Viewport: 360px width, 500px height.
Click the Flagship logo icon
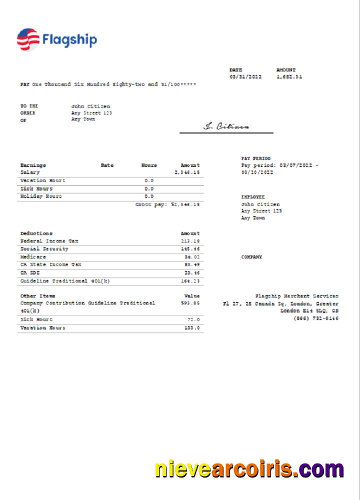(x=28, y=39)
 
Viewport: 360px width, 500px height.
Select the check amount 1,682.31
(x=289, y=77)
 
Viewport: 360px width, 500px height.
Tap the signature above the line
(x=226, y=126)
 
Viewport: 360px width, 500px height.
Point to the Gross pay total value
(x=185, y=204)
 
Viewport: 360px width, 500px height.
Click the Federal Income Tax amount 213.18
(x=190, y=241)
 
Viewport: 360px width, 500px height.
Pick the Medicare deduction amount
(x=191, y=257)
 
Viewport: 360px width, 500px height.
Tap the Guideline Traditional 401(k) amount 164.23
(x=190, y=281)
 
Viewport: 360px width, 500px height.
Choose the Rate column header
(x=107, y=165)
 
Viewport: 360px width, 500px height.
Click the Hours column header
(x=148, y=165)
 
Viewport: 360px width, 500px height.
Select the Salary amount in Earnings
(x=187, y=172)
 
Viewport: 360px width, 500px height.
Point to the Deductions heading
(x=36, y=233)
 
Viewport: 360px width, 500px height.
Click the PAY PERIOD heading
(x=255, y=158)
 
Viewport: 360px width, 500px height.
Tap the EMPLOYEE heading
(x=253, y=197)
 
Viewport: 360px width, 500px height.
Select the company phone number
(x=315, y=318)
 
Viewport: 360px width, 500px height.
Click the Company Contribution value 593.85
(x=190, y=303)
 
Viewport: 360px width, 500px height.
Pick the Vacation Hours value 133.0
(x=192, y=328)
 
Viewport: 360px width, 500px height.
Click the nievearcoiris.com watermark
(x=249, y=469)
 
